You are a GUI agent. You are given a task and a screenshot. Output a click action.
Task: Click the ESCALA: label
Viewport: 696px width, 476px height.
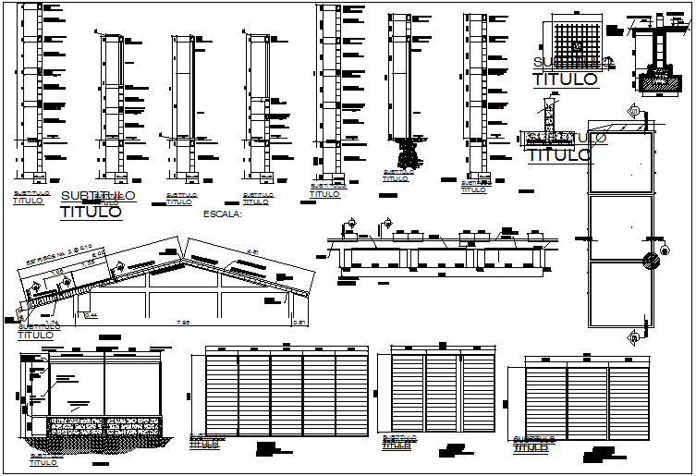(x=220, y=214)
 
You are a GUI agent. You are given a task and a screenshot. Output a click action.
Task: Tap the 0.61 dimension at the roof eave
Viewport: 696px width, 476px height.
(x=299, y=322)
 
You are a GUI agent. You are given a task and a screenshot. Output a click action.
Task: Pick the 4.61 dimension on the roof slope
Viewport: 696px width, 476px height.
(x=252, y=248)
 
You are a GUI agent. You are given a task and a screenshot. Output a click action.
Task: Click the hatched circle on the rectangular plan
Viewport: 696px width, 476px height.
(x=651, y=258)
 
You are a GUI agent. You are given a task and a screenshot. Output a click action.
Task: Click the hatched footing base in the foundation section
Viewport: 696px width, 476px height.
(x=656, y=81)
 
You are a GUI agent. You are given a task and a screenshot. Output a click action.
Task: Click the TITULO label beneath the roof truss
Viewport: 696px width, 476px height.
(x=35, y=335)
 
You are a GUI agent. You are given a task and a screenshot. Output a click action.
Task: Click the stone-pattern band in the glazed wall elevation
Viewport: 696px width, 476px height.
(x=104, y=426)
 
